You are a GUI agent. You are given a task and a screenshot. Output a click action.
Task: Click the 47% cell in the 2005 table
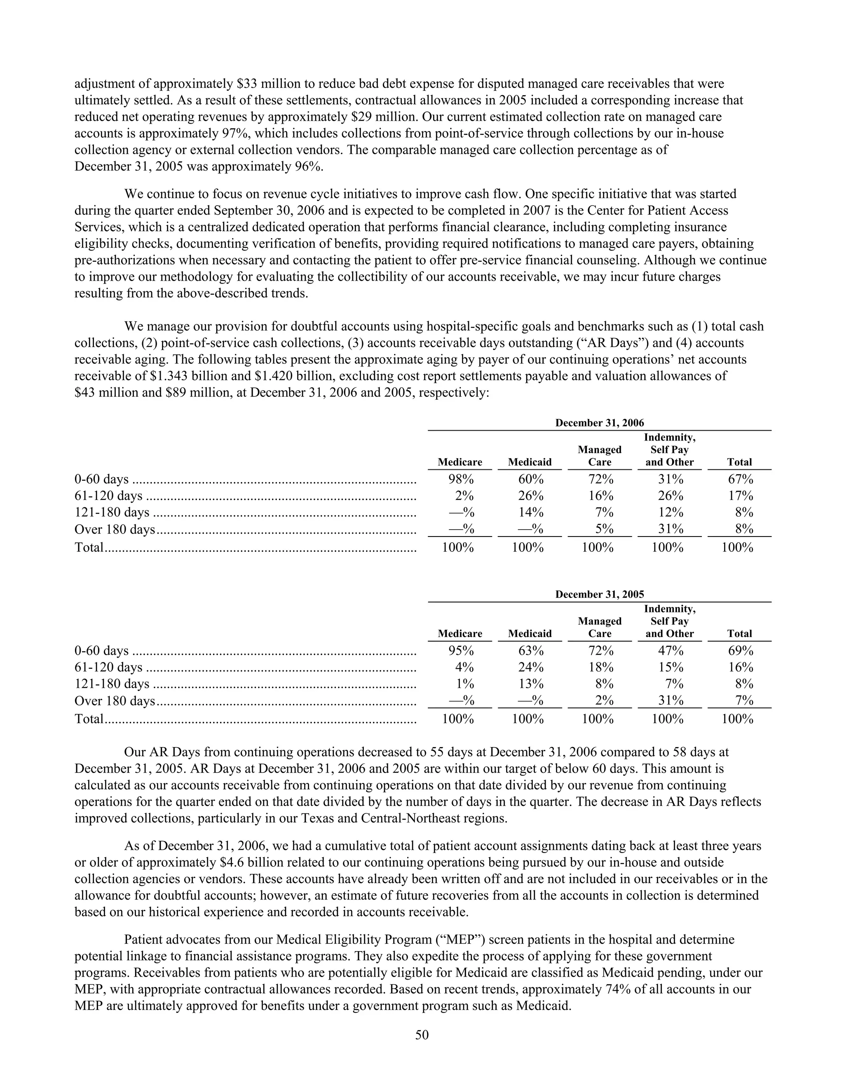pos(670,651)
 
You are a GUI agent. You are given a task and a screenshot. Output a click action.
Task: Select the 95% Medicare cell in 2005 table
pos(460,651)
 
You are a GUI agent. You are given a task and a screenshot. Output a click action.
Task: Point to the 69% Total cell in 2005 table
pos(740,651)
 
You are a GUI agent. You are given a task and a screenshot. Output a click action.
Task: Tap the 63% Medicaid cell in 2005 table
pos(530,651)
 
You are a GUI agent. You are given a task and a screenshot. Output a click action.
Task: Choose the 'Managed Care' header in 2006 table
pos(600,456)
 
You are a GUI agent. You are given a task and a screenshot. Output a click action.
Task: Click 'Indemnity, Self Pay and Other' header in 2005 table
pos(670,621)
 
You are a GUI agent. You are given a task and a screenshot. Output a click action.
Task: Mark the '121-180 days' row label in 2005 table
pos(112,684)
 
